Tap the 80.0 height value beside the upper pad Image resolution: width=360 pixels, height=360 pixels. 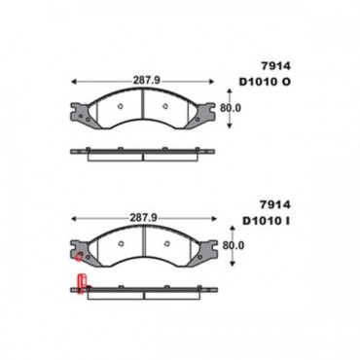coord(231,109)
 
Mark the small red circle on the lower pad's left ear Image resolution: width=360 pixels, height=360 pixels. coord(78,259)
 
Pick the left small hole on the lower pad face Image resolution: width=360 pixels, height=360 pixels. coord(118,242)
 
